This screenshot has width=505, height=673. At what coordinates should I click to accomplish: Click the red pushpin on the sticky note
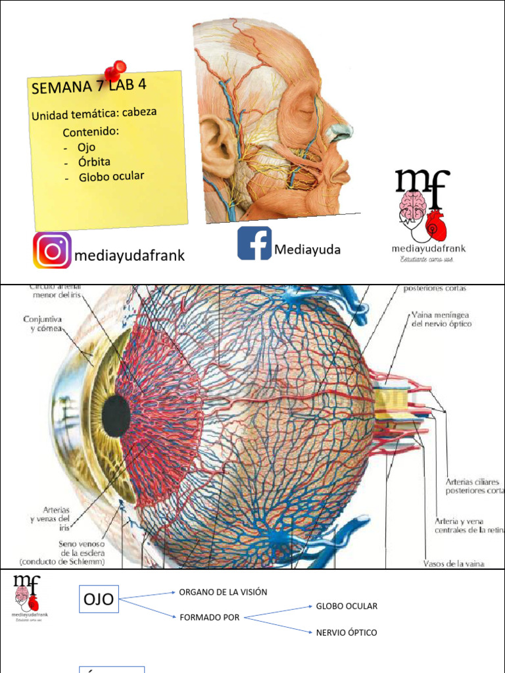coord(116,69)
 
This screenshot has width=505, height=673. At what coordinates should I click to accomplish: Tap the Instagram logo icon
coord(52,250)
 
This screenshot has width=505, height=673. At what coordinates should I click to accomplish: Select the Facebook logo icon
coord(254,243)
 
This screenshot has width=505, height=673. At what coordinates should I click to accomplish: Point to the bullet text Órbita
coord(94,162)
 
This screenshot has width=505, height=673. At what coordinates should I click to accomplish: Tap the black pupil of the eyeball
coord(116,415)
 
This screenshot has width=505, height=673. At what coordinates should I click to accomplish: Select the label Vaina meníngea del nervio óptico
coord(441,319)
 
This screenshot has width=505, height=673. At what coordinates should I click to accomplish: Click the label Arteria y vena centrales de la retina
coord(469,525)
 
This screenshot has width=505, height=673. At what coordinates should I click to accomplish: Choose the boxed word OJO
coord(99,599)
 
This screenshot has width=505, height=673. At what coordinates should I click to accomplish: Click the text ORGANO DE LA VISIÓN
coord(223,592)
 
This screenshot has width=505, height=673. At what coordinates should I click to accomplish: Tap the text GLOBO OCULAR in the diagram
coord(347,606)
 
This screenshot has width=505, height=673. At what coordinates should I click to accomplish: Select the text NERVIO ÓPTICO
coord(347,632)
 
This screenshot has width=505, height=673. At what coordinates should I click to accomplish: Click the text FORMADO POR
coord(210,618)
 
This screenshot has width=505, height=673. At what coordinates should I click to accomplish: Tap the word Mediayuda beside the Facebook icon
coord(308,250)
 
